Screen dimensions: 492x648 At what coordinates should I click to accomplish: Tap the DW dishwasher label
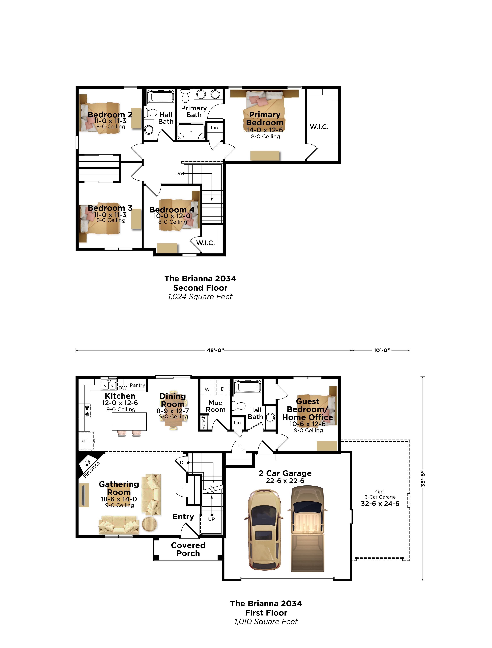(123, 388)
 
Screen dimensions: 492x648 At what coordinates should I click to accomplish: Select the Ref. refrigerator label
(84, 441)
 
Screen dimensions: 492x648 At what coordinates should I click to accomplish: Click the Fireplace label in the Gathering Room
(91, 469)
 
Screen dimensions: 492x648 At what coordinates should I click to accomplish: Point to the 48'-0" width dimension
(215, 350)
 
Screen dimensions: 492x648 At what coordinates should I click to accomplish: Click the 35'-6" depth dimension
(423, 479)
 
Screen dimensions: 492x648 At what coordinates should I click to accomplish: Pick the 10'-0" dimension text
(382, 350)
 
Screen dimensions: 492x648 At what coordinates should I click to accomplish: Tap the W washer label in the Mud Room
(207, 389)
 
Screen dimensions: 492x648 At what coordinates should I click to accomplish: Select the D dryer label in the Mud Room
(223, 389)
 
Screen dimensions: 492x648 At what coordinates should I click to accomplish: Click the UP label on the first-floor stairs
(211, 519)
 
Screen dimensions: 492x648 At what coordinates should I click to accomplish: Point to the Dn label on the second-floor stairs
(178, 173)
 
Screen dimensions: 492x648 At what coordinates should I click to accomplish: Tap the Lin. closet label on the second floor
(215, 128)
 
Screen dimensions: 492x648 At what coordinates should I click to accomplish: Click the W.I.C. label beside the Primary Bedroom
(319, 127)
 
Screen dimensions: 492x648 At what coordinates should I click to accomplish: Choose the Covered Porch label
(188, 549)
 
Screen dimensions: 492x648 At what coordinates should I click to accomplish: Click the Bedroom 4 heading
(172, 210)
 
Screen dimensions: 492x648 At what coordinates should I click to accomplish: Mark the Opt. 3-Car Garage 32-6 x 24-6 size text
(380, 504)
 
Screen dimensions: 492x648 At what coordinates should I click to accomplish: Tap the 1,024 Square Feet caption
(200, 297)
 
